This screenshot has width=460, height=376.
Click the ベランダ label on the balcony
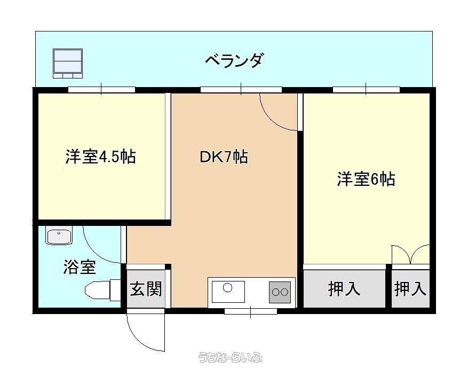click(233, 60)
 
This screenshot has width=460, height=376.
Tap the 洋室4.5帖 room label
click(101, 156)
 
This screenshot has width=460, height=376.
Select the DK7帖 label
click(224, 156)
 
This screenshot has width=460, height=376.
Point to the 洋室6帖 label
click(366, 179)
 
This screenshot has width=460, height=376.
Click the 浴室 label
click(80, 267)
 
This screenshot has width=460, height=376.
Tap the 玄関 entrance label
click(146, 289)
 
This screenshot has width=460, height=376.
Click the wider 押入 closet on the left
click(344, 289)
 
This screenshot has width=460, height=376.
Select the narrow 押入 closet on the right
click(410, 289)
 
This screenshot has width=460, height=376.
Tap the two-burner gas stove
click(280, 292)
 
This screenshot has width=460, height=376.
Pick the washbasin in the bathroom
click(59, 237)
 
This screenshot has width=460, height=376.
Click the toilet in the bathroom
click(102, 291)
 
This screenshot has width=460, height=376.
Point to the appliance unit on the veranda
click(67, 64)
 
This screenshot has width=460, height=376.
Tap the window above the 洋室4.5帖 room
click(101, 89)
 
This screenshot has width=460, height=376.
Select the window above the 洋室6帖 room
click(366, 89)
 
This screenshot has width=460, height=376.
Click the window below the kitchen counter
click(251, 311)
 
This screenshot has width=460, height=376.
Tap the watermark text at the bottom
click(231, 357)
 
